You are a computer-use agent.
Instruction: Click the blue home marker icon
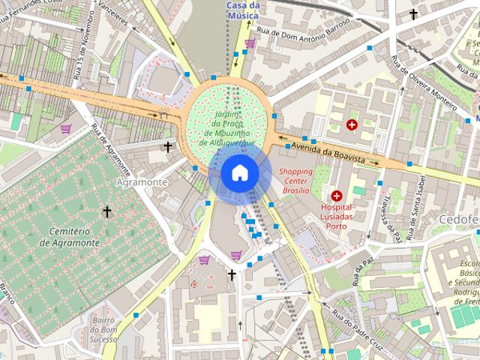(x=240, y=173)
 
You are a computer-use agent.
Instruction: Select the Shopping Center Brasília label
(x=295, y=181)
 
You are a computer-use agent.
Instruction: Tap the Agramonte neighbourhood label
(x=142, y=182)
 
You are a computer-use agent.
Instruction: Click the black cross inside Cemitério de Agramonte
(x=107, y=212)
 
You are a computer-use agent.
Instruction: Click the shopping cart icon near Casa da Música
(x=250, y=43)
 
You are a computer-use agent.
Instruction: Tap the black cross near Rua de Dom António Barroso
(x=412, y=14)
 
